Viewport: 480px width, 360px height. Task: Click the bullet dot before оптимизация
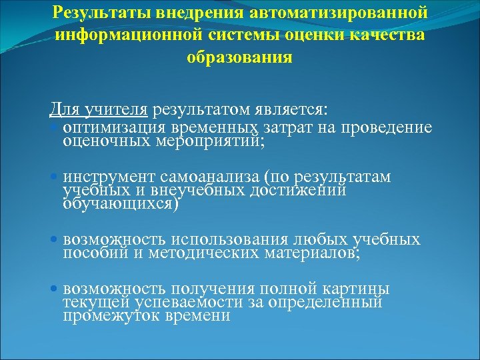(55, 127)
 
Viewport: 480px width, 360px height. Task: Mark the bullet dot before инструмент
(55, 177)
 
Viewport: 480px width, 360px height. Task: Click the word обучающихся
(121, 204)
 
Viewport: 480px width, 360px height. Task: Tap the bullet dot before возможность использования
(55, 239)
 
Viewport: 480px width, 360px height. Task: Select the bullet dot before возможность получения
(55, 289)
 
